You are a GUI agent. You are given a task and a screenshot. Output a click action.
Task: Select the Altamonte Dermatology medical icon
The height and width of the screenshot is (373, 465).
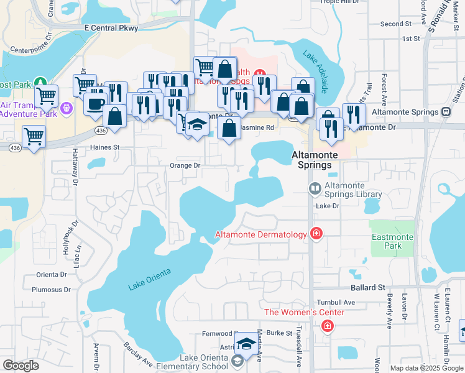point(316,234)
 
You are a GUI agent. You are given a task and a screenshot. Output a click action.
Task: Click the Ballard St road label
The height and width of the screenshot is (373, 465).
point(368,288)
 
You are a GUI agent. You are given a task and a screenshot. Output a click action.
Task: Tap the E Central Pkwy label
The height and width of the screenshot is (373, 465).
point(111,28)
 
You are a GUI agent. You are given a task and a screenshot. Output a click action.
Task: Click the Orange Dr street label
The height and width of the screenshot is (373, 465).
point(185,166)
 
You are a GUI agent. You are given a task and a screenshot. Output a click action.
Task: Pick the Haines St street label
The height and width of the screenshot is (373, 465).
point(104,147)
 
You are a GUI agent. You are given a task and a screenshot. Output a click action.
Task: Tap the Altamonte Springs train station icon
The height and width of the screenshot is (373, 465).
point(446,112)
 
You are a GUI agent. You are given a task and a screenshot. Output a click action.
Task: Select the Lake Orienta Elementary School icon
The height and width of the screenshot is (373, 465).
point(237,361)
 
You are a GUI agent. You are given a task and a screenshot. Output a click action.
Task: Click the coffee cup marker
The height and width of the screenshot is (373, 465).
point(95,104)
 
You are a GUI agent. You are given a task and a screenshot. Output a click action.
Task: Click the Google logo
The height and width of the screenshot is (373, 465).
point(20,366)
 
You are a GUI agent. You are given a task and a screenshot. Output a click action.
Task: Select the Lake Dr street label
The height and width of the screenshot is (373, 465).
point(328,206)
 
